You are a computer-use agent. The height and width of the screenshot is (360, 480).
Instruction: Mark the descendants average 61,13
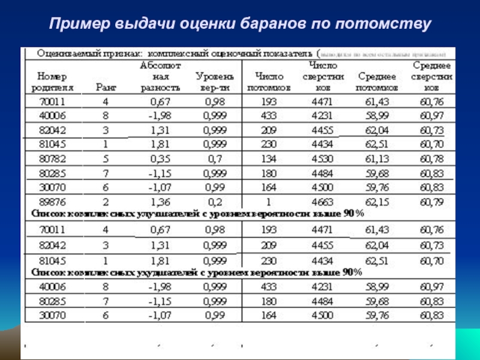pyautogui.click(x=377, y=158)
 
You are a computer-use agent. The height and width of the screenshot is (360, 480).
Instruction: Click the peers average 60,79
pyautogui.click(x=431, y=202)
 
